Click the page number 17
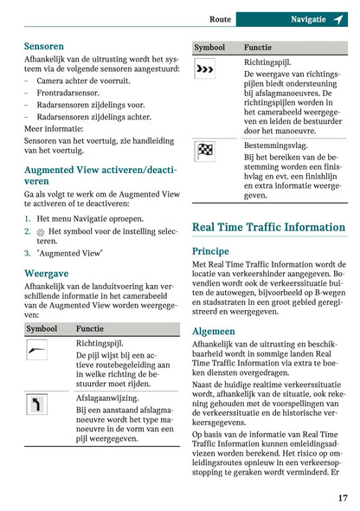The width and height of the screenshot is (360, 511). click(x=343, y=498)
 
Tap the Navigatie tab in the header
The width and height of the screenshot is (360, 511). click(x=308, y=18)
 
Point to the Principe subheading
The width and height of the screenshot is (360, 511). click(x=210, y=250)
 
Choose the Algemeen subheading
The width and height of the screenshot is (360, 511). click(x=213, y=331)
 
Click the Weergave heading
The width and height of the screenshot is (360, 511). click(x=46, y=273)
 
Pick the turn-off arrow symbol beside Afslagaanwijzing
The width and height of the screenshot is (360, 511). click(x=37, y=404)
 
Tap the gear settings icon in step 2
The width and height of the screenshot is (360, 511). click(x=40, y=232)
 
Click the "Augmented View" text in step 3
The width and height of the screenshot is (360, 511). click(x=70, y=253)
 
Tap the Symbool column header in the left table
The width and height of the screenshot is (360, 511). click(x=42, y=329)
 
